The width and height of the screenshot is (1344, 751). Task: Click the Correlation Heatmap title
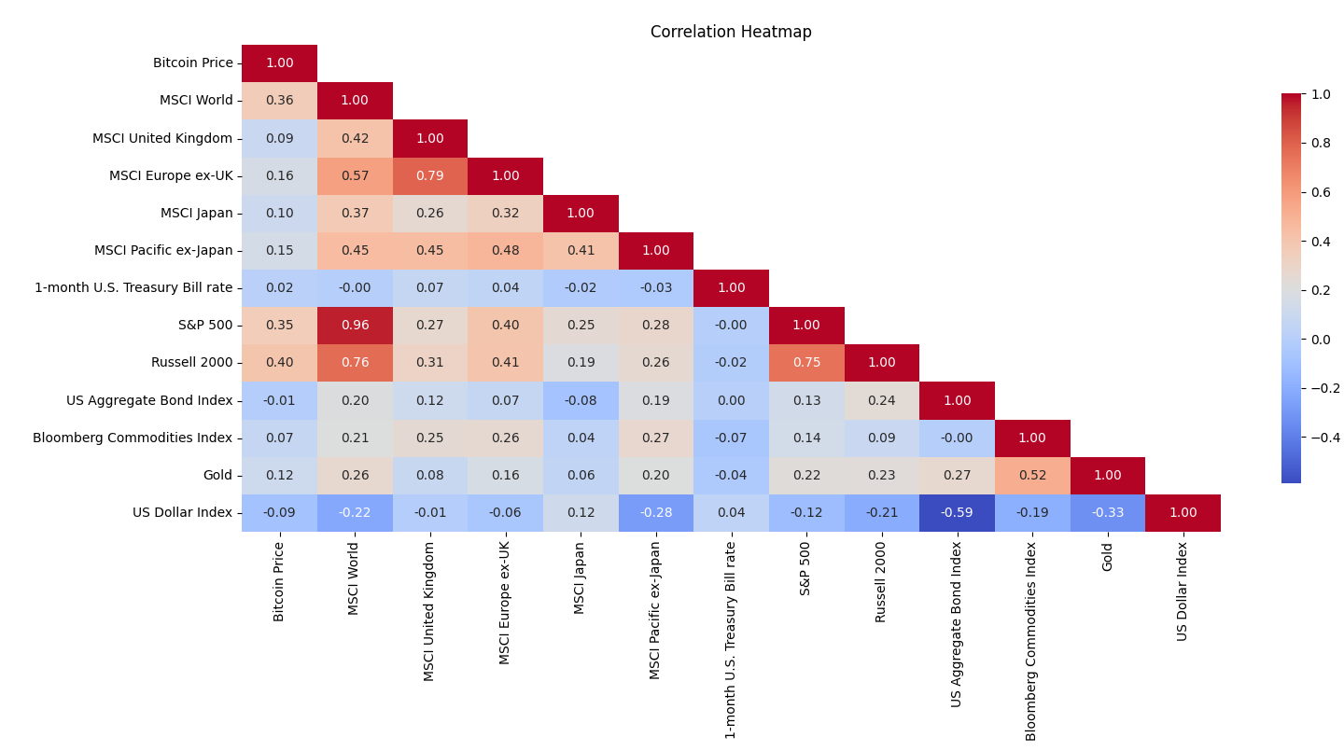point(731,32)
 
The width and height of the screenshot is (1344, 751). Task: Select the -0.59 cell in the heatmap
point(957,512)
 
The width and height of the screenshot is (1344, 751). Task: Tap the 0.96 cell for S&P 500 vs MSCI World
point(355,325)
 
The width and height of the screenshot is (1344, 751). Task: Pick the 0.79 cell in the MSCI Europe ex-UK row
point(430,175)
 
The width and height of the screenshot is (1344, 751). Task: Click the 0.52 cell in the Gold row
point(1032,475)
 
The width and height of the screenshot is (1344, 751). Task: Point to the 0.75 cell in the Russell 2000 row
point(806,362)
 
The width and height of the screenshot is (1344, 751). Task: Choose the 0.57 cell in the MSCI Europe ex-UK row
point(355,175)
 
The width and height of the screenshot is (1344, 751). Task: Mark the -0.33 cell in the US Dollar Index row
point(1107,512)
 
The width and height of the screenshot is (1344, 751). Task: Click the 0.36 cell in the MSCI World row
point(279,100)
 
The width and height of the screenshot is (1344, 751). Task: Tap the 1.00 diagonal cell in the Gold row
point(1107,475)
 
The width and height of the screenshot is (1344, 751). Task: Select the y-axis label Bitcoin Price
point(192,63)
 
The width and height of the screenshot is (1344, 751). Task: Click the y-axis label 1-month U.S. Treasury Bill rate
point(133,287)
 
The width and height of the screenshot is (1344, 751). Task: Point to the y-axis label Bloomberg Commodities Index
point(133,438)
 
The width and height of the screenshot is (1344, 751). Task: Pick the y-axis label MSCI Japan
point(196,213)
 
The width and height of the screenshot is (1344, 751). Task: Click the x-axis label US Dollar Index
point(1183,591)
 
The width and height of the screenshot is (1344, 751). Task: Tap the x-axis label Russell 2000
point(881,582)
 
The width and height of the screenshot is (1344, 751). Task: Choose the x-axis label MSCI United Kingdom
point(430,611)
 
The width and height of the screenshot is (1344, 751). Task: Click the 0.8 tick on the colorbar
point(1321,143)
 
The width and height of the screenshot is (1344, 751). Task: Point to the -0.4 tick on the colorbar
point(1325,437)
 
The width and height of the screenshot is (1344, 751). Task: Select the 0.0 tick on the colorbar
point(1321,339)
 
